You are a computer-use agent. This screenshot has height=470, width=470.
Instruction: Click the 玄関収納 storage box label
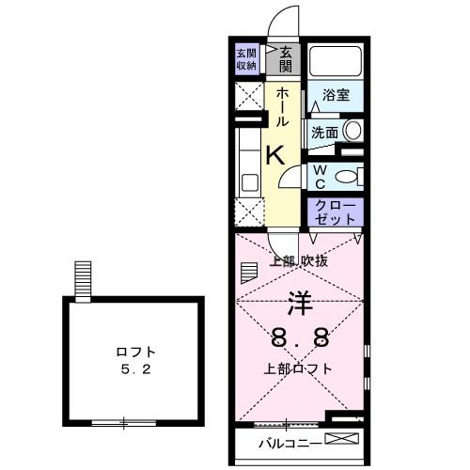click(246, 58)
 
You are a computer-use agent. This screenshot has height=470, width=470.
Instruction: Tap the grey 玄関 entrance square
click(285, 58)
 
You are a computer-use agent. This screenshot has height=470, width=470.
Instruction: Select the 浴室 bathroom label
click(336, 95)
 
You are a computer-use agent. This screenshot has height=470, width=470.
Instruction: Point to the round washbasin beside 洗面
click(352, 132)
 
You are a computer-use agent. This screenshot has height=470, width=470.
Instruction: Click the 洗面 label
click(324, 133)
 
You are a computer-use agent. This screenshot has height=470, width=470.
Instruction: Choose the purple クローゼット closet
click(335, 211)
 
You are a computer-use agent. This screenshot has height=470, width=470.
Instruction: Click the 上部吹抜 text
click(298, 261)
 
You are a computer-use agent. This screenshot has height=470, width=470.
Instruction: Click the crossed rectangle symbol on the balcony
click(342, 441)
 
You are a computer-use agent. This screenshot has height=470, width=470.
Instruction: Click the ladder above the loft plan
click(84, 279)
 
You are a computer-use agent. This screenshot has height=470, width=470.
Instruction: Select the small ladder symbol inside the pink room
click(248, 273)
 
